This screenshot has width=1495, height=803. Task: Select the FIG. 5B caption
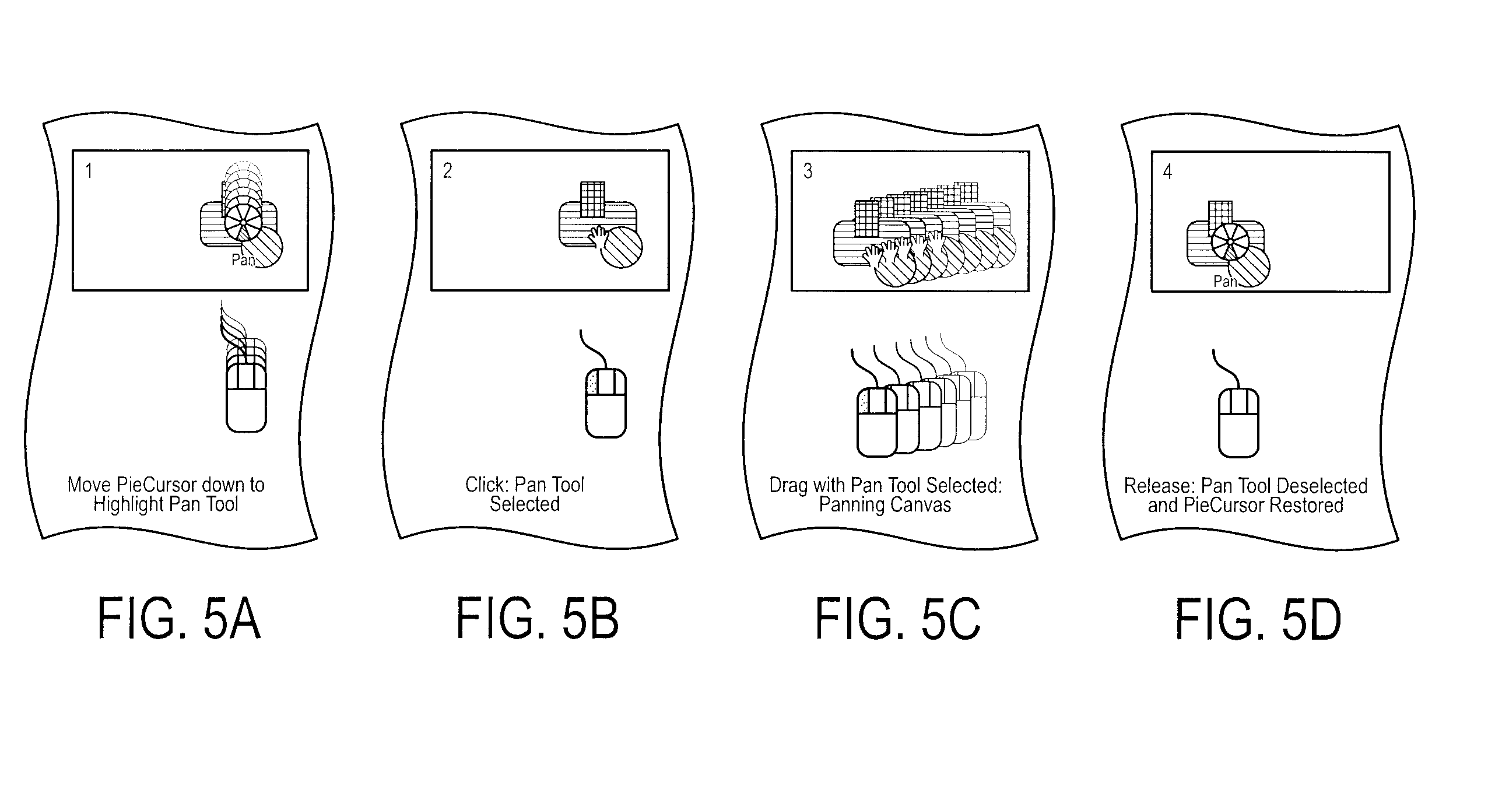[x=537, y=618]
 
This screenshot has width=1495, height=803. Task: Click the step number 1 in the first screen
[x=89, y=171]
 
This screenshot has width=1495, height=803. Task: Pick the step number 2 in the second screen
[x=447, y=170]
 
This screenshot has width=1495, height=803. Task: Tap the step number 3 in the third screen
[x=808, y=171]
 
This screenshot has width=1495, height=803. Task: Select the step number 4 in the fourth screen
[x=1167, y=171]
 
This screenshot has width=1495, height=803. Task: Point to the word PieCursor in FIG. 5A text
[x=148, y=485]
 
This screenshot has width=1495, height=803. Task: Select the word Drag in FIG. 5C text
[x=788, y=486]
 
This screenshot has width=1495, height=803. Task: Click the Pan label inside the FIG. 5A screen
[x=243, y=260]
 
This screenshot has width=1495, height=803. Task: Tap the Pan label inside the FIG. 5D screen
[x=1225, y=282]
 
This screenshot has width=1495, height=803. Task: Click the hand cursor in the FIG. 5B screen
[x=598, y=237]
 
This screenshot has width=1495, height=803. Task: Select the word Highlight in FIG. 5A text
[x=128, y=504]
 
